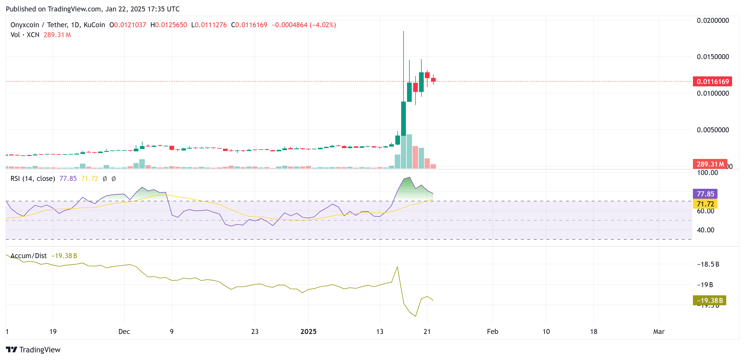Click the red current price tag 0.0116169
click(x=712, y=81)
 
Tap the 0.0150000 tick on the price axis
click(x=713, y=57)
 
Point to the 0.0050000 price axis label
click(x=713, y=130)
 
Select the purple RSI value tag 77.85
click(x=705, y=194)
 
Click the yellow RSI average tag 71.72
click(x=705, y=204)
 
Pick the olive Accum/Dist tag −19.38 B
click(x=709, y=301)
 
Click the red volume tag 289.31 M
click(x=710, y=164)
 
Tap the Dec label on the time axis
click(x=124, y=332)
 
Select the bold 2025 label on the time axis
click(x=308, y=332)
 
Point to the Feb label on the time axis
click(x=492, y=332)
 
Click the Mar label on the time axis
click(x=659, y=332)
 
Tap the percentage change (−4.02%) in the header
click(x=323, y=25)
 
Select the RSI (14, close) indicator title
click(x=33, y=179)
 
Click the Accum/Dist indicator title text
click(x=29, y=256)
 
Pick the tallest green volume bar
click(x=409, y=151)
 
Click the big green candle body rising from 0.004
click(x=404, y=119)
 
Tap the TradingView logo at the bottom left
click(x=33, y=350)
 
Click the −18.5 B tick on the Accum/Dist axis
click(x=708, y=264)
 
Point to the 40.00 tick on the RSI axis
click(x=705, y=230)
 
